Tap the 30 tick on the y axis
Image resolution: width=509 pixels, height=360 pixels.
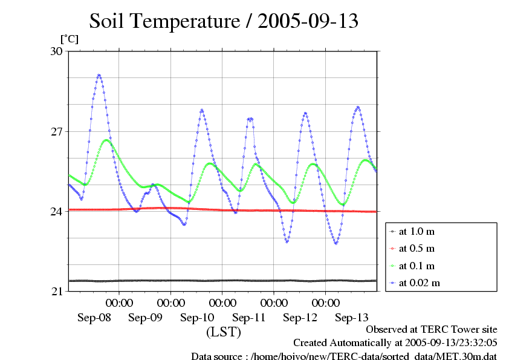tap(56, 51)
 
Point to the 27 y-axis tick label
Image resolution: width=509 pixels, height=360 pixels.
tap(56, 131)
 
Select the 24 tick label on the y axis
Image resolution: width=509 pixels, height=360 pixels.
tap(56, 211)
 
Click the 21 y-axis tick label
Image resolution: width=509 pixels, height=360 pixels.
tap(56, 292)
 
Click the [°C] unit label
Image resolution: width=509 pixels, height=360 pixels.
tap(69, 39)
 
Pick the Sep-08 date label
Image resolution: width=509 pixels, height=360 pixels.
tap(94, 318)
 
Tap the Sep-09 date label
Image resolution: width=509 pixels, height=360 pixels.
tap(146, 318)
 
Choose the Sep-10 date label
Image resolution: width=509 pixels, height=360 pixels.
tap(197, 318)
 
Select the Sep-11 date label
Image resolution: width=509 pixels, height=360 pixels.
tap(249, 318)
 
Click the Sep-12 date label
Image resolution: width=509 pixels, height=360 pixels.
tap(300, 318)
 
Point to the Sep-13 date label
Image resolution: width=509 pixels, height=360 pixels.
tap(352, 318)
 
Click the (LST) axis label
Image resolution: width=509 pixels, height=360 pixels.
tap(224, 332)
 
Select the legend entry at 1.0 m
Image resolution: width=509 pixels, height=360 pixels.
tap(417, 232)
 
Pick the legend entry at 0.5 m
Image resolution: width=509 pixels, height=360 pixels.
tap(417, 249)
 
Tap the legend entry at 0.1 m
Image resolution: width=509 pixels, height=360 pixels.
tap(417, 266)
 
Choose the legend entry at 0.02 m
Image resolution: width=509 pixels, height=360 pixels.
tap(419, 283)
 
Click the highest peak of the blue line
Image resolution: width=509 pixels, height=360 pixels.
tap(99, 75)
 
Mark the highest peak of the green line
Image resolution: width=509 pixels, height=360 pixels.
tap(107, 140)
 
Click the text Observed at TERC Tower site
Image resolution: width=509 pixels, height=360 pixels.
tap(432, 329)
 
